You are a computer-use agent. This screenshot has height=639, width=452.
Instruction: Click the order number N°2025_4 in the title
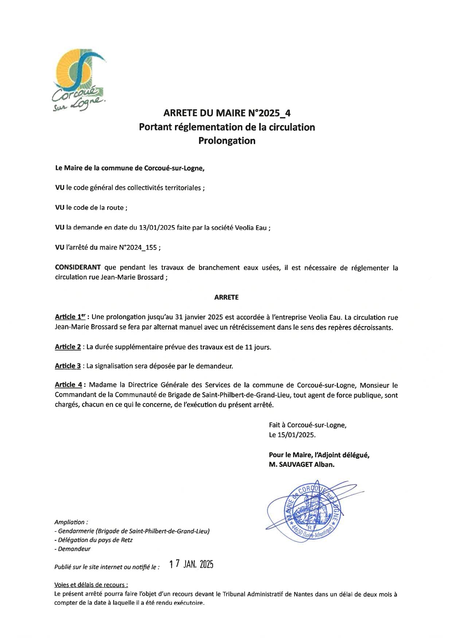273,113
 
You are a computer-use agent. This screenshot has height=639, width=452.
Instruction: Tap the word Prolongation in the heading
226,141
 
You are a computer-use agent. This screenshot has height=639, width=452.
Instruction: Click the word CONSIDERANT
78,268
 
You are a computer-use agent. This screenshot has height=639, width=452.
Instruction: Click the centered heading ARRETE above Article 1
226,297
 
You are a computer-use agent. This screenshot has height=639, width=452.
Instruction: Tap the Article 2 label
68,347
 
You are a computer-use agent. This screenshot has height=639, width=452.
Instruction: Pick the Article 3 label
68,366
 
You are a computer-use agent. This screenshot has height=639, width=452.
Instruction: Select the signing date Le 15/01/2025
292,435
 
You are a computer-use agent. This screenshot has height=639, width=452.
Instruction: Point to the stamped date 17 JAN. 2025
191,564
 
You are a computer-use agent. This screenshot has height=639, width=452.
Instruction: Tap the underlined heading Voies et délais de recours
91,585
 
